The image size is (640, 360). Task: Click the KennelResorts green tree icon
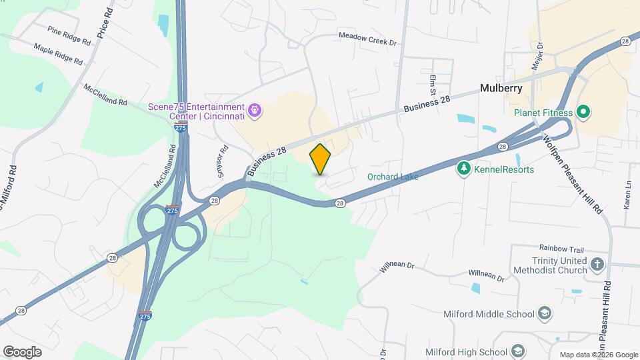pyautogui.click(x=463, y=169)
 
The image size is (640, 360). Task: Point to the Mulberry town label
pyautogui.click(x=501, y=88)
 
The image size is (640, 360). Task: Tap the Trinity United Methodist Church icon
pyautogui.click(x=597, y=265)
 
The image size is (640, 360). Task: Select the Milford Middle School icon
pyautogui.click(x=545, y=314)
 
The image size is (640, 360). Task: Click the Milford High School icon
pyautogui.click(x=517, y=352)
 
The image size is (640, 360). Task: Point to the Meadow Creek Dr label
pyautogui.click(x=367, y=39)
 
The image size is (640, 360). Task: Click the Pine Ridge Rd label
pyautogui.click(x=69, y=36)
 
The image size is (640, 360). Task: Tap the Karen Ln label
pyautogui.click(x=627, y=195)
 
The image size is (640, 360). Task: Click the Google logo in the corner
pyautogui.click(x=22, y=352)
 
